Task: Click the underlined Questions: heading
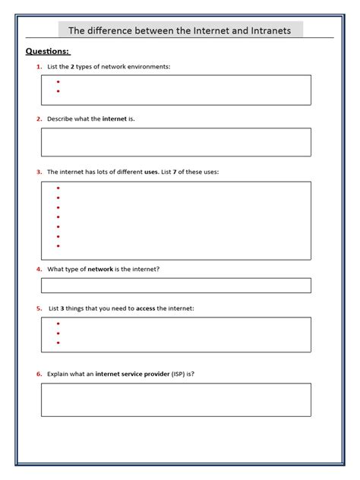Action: (x=48, y=52)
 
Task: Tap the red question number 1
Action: (x=39, y=67)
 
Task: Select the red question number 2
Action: (x=39, y=119)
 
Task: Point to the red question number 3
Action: (x=39, y=172)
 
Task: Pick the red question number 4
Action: (x=39, y=269)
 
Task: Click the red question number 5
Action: (x=39, y=308)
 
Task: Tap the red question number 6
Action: (x=39, y=374)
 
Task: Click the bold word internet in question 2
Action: (x=115, y=119)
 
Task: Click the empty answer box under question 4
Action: (x=175, y=286)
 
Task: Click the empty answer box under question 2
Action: (x=175, y=142)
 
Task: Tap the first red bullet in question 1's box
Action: (x=58, y=81)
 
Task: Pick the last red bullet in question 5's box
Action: (x=58, y=343)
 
